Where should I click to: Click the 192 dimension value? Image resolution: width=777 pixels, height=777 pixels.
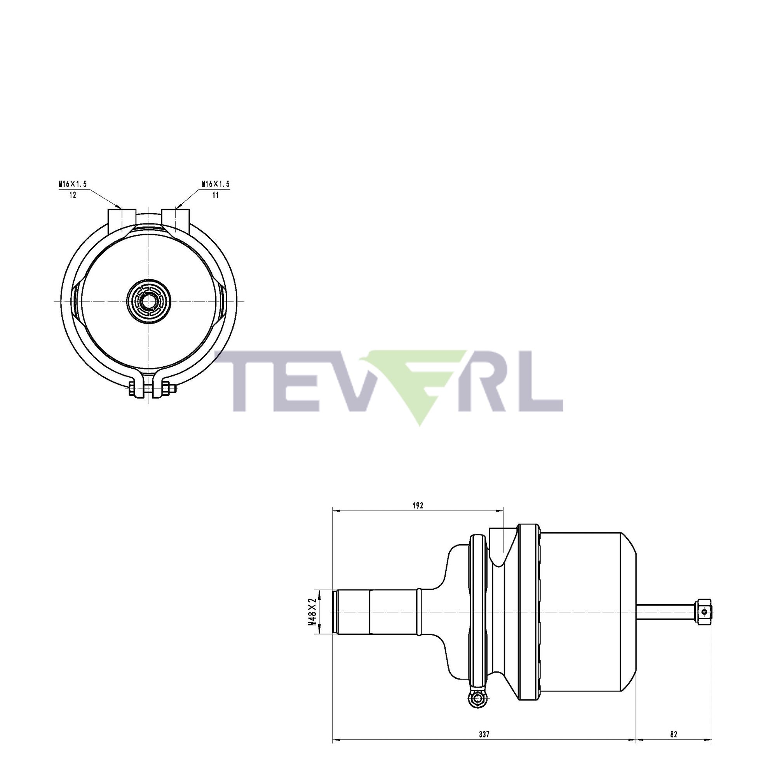click(418, 505)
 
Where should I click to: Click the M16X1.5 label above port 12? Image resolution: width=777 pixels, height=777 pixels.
click(73, 184)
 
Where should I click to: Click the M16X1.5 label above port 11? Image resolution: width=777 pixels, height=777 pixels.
click(216, 184)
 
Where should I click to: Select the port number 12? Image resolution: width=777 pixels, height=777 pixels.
click(73, 195)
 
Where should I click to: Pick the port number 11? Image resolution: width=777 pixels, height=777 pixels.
click(216, 195)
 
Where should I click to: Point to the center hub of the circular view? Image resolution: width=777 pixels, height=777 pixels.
click(149, 301)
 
